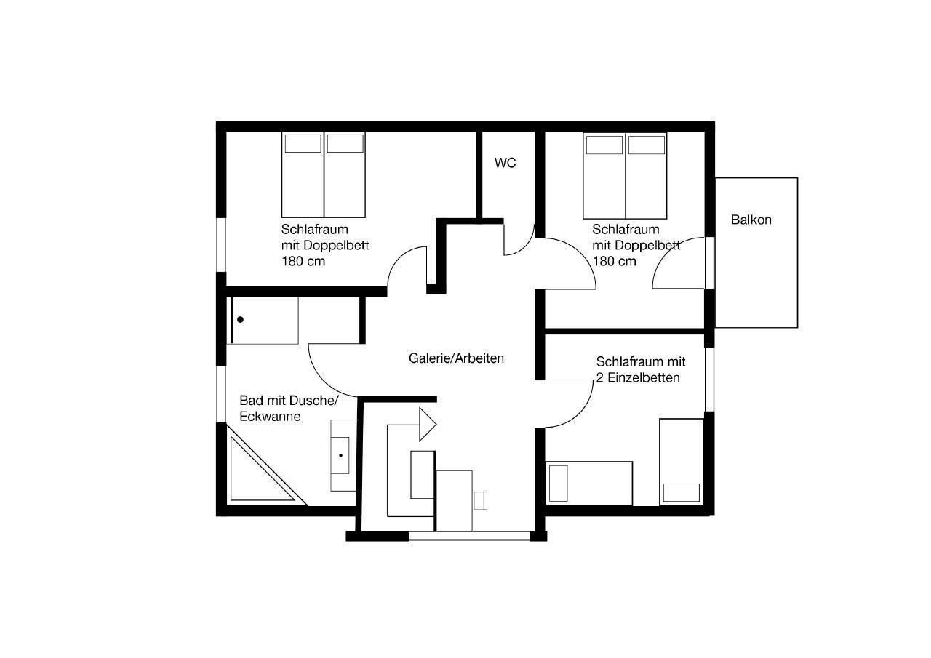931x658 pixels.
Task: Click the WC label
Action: (505, 163)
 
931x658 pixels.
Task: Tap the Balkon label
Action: (751, 220)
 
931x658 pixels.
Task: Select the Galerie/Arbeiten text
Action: (456, 358)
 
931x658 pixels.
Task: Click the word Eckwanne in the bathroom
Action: (270, 416)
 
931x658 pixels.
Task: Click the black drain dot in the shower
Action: (240, 320)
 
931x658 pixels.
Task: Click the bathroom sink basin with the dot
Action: (340, 455)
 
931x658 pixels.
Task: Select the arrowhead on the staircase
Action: (427, 424)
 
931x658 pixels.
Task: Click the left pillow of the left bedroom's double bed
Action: (303, 143)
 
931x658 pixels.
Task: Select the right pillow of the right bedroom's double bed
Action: (647, 145)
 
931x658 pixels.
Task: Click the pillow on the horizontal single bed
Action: (558, 483)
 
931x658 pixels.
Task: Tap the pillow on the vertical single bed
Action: (682, 492)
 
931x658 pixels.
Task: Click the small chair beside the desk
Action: (480, 500)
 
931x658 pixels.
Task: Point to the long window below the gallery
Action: (469, 536)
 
